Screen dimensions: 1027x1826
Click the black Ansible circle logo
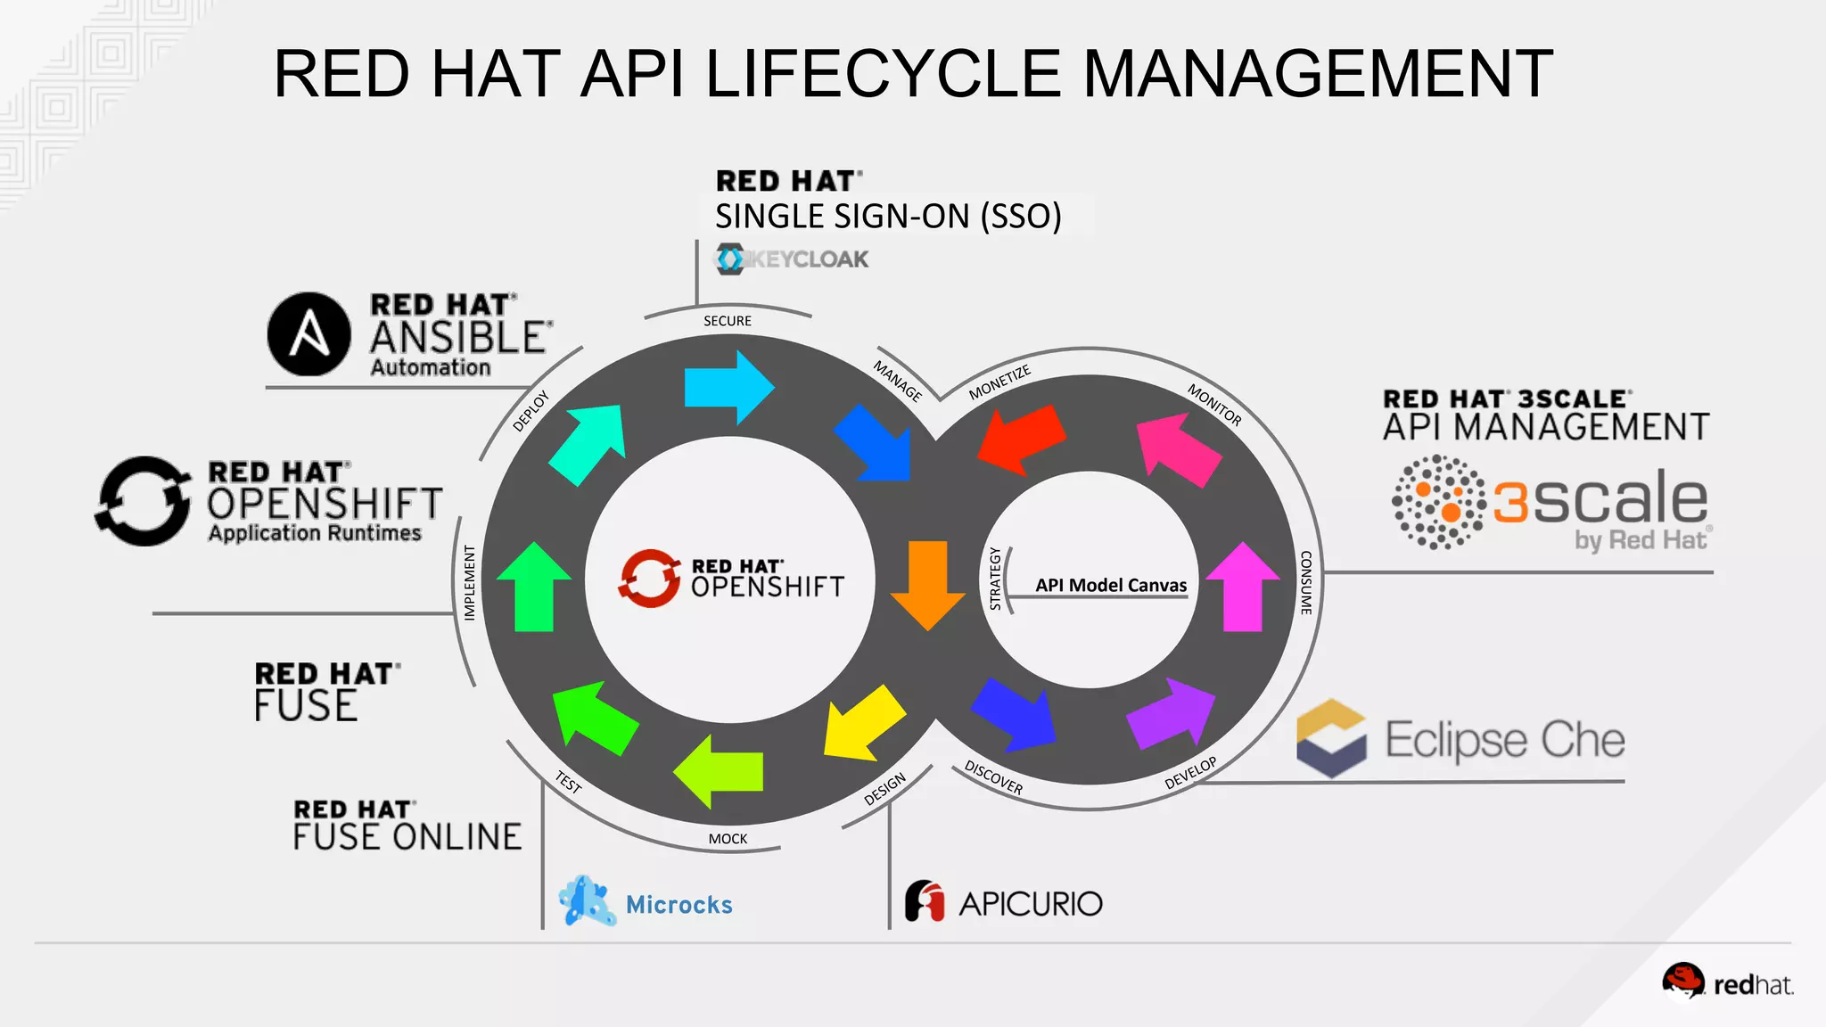click(x=308, y=334)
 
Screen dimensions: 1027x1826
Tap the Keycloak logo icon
click(x=730, y=259)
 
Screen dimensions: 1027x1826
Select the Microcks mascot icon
click(x=586, y=901)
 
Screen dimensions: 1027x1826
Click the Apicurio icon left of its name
click(x=925, y=901)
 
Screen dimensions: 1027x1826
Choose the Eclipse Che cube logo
click(x=1331, y=738)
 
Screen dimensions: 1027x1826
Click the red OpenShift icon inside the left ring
click(x=649, y=578)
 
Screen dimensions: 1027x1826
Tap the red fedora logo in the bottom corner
click(x=1682, y=981)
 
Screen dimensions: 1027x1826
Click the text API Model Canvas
click(x=1111, y=585)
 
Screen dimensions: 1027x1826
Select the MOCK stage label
click(x=728, y=839)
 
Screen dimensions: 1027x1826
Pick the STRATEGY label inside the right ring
click(x=996, y=579)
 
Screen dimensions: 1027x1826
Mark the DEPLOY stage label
click(x=531, y=411)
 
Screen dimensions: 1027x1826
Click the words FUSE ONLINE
click(x=407, y=837)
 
